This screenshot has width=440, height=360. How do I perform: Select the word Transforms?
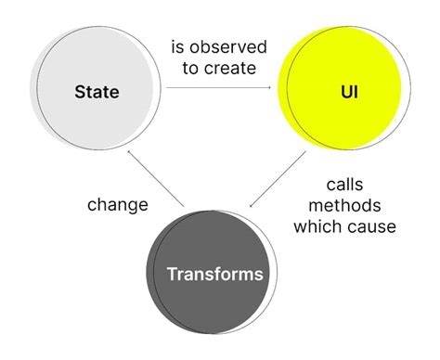[x=215, y=274]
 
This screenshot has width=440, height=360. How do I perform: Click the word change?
[x=118, y=204]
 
